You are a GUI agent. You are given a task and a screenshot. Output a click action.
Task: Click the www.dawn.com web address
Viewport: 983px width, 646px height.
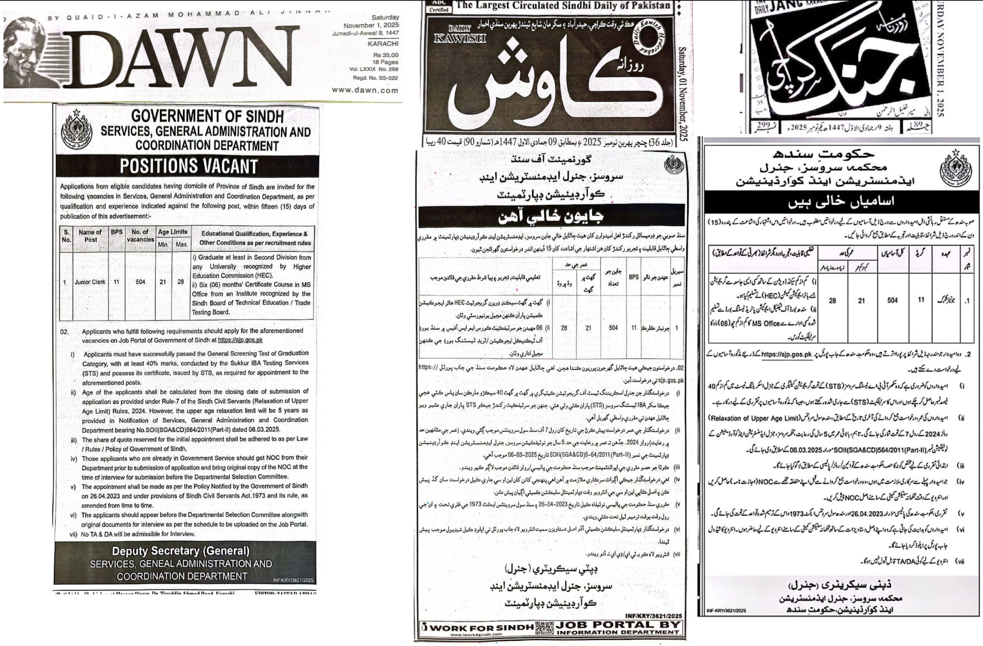(365, 90)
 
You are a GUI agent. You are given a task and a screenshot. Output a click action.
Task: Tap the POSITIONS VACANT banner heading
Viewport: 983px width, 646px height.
(189, 166)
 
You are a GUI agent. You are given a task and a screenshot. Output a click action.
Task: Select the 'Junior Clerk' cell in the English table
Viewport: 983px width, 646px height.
(90, 282)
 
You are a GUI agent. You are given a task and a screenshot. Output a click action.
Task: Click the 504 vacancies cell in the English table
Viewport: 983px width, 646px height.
(141, 282)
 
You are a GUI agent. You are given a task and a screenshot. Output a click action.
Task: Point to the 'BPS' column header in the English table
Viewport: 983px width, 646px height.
(116, 232)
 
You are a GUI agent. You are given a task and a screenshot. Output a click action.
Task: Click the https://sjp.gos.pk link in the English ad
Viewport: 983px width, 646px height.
(240, 340)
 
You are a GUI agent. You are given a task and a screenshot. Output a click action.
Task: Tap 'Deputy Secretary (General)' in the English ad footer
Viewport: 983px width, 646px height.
(181, 551)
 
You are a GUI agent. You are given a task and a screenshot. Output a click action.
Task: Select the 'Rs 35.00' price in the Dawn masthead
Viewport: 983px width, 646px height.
(386, 55)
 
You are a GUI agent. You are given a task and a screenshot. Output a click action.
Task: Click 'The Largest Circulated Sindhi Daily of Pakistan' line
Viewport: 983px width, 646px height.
(563, 5)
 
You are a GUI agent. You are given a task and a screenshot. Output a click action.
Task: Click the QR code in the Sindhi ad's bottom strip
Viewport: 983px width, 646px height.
(544, 628)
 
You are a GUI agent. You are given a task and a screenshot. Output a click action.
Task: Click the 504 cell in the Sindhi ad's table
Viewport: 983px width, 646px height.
(613, 328)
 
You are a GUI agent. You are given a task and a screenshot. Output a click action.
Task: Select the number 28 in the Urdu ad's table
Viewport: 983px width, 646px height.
(832, 301)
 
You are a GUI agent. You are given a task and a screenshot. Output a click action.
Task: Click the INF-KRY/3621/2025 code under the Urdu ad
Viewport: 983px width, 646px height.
(726, 610)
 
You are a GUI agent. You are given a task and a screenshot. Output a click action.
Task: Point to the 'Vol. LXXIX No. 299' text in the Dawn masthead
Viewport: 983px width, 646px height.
(373, 69)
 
